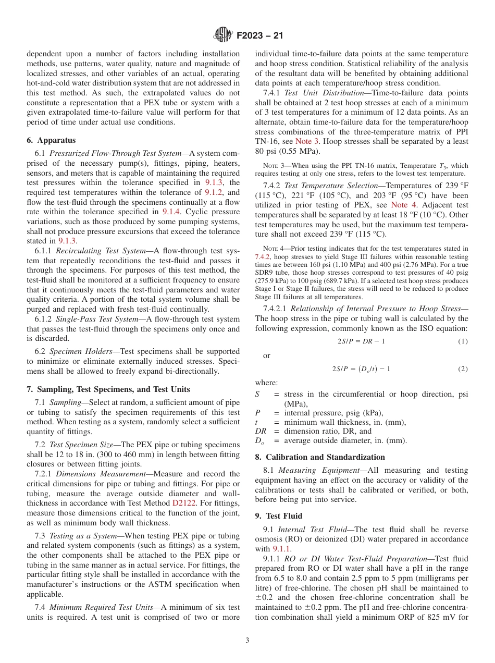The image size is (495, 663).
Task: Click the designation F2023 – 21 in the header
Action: click(x=259, y=36)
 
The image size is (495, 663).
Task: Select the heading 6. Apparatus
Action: click(x=51, y=140)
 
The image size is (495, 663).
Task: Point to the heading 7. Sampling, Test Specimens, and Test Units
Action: click(x=108, y=389)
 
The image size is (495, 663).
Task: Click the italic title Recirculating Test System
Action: click(x=101, y=251)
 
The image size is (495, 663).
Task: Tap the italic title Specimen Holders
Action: click(x=79, y=351)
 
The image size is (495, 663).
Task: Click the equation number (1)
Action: click(x=463, y=341)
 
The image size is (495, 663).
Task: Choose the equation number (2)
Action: click(x=463, y=369)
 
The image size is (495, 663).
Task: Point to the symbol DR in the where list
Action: click(x=261, y=431)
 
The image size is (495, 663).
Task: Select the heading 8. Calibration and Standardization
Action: click(x=320, y=457)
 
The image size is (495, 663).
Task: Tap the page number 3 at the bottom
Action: click(x=247, y=641)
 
